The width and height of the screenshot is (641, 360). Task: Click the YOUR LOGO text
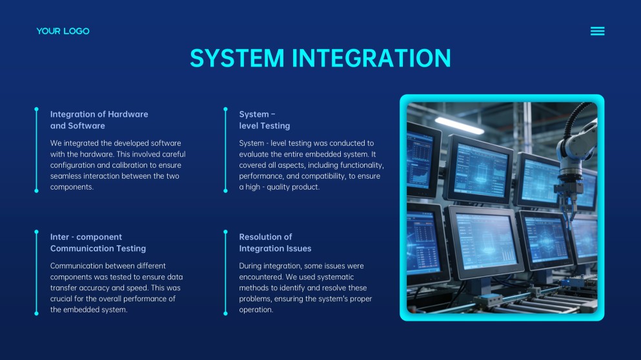tap(63, 31)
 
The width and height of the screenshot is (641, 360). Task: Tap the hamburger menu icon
tap(597, 31)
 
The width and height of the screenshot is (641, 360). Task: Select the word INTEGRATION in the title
tap(371, 58)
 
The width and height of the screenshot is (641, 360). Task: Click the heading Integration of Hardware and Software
tap(99, 120)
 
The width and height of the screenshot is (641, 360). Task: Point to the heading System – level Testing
tap(265, 120)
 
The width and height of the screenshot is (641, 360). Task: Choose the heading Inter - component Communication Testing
tap(98, 243)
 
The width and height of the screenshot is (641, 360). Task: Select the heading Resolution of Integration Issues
tap(275, 243)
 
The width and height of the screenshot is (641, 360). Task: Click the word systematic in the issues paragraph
tap(335, 277)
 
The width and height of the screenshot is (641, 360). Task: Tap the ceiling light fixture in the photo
tap(459, 125)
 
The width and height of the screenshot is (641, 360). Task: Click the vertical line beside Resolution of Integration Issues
tap(225, 272)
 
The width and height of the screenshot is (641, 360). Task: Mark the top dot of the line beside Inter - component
tap(36, 232)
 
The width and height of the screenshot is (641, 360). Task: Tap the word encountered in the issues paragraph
tap(260, 277)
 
